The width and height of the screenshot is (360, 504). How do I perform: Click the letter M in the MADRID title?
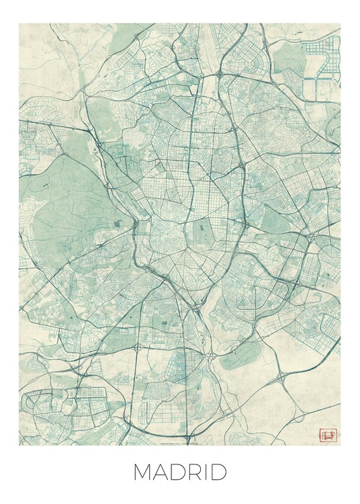(144, 472)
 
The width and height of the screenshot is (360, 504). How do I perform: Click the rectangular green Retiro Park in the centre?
(201, 231)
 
